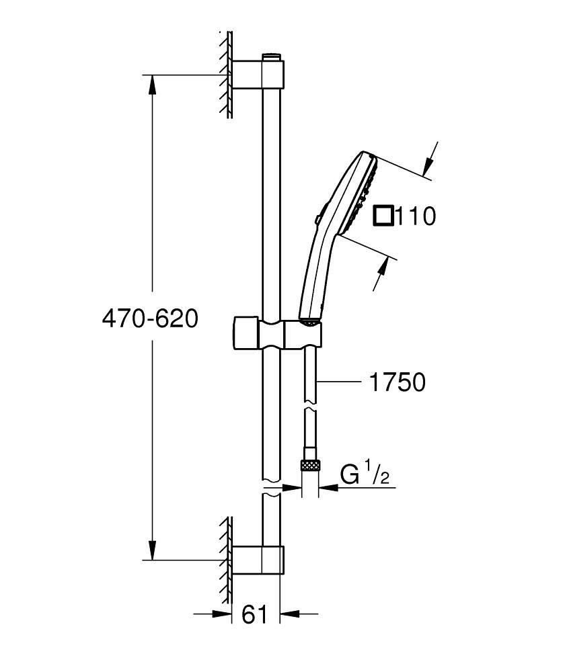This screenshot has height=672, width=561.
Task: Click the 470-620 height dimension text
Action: coord(150,319)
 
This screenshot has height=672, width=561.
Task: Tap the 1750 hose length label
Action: coord(398,382)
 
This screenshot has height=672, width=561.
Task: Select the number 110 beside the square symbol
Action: coord(415,216)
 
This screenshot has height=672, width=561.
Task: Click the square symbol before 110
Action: coord(383,216)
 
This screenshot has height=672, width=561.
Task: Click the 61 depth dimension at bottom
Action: coord(254,614)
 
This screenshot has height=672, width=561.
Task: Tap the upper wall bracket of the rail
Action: coord(259,75)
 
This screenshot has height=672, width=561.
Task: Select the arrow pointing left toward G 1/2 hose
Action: coord(329,489)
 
